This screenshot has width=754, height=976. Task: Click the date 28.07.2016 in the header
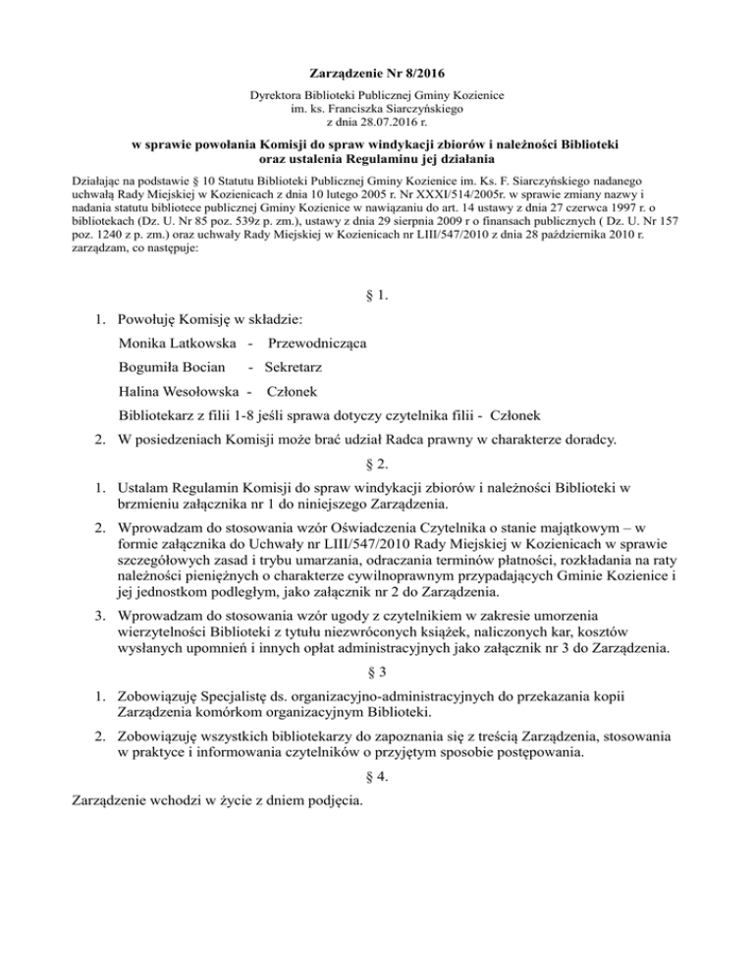pyautogui.click(x=380, y=125)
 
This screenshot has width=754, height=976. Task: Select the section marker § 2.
pyautogui.click(x=377, y=460)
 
